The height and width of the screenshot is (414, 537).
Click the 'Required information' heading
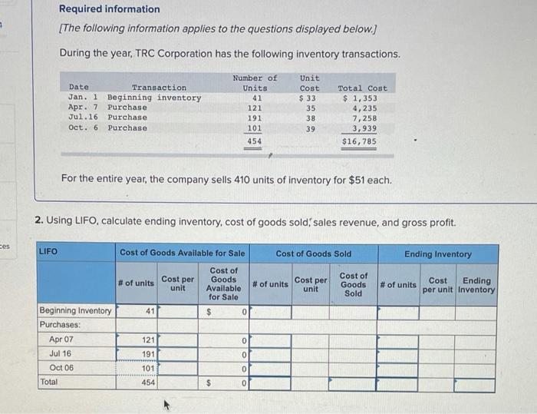(x=110, y=9)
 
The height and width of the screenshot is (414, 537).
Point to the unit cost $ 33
(x=308, y=98)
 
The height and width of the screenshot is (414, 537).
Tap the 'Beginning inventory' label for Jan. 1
(x=154, y=98)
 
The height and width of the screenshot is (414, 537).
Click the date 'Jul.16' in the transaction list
(x=84, y=118)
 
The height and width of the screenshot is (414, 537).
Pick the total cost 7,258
(x=364, y=118)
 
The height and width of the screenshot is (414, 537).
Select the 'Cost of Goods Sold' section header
(x=314, y=254)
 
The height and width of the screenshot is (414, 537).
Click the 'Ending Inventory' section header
(x=438, y=254)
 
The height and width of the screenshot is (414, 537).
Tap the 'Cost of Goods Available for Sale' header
(x=183, y=253)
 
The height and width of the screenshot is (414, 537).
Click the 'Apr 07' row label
(x=61, y=339)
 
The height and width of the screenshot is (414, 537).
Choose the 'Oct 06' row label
(x=61, y=367)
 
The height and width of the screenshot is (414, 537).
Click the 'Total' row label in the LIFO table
(x=48, y=381)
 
